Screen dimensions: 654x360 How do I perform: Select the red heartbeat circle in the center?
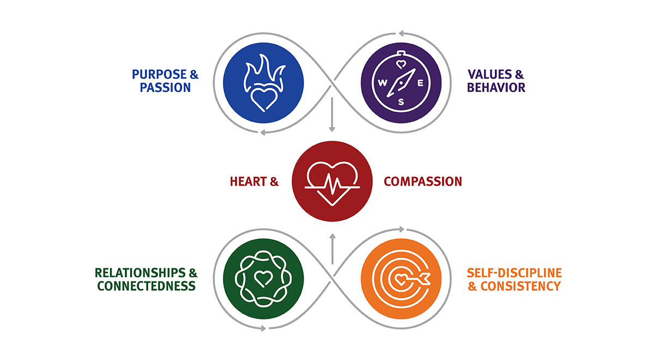click(332, 181)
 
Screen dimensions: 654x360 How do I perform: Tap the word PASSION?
click(165, 88)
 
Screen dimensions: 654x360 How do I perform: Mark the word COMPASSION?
click(423, 182)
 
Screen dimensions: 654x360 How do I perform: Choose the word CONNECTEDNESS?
click(145, 285)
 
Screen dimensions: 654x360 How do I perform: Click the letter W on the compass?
click(383, 84)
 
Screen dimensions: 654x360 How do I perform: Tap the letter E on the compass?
click(420, 84)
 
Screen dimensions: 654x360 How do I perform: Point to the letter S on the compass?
click(402, 102)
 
